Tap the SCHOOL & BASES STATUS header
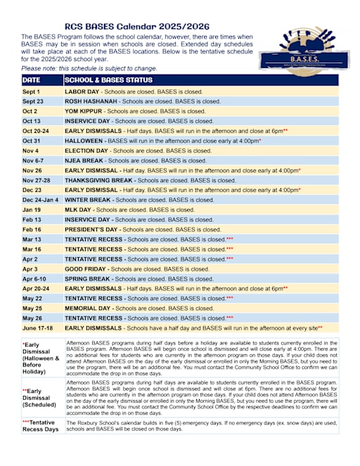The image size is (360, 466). click(x=108, y=80)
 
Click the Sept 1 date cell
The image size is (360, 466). click(x=32, y=91)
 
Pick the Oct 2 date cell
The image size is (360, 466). click(x=30, y=111)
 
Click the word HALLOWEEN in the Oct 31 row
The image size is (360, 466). click(x=84, y=141)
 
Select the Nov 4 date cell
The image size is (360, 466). click(x=30, y=150)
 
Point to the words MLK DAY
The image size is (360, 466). click(x=79, y=209)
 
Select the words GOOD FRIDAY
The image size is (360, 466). click(x=87, y=268)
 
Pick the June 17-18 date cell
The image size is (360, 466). click(x=38, y=328)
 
